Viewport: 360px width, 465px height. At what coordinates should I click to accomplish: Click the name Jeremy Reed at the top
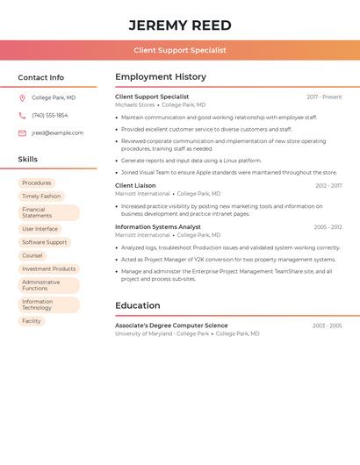180,25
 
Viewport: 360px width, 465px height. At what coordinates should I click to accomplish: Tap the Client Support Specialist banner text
180,50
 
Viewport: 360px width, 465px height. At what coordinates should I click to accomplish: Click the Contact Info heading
40,77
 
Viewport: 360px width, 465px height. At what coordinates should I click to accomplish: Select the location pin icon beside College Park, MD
22,98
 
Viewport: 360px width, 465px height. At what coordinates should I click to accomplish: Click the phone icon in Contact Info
22,116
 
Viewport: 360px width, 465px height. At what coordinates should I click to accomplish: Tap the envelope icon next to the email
22,133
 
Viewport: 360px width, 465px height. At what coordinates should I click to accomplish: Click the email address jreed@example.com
57,133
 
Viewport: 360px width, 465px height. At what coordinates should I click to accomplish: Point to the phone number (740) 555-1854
49,116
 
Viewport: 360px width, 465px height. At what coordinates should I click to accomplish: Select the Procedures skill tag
37,183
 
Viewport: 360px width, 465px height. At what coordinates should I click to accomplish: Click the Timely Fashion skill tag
41,197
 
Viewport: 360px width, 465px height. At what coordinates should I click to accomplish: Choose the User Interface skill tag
40,229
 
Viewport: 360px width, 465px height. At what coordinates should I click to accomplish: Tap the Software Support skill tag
44,242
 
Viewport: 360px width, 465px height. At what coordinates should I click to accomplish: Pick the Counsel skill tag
32,255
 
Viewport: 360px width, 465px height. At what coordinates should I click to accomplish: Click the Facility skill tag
32,321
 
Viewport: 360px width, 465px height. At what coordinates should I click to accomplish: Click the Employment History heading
161,77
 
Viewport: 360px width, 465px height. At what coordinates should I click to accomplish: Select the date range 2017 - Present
324,97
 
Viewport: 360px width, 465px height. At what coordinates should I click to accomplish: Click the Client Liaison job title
135,186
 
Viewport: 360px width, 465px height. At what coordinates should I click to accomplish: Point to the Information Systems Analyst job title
158,227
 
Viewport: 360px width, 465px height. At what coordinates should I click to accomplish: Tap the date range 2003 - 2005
327,325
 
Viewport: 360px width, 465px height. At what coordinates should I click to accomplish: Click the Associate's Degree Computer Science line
171,325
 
